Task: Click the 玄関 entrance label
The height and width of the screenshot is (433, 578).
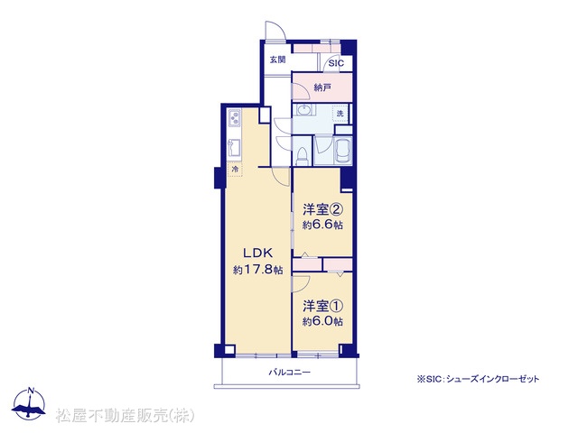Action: coord(277,60)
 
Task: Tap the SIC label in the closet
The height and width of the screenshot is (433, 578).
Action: coord(336,63)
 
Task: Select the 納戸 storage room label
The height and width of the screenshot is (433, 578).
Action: coord(322,88)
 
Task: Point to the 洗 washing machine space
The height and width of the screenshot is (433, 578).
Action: coord(340,114)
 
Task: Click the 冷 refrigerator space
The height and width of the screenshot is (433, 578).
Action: coord(235,170)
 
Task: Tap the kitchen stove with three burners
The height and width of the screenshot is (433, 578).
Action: coord(235,117)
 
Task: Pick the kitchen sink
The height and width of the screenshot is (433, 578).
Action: coord(235,146)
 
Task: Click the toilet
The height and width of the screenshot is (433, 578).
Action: coord(303,156)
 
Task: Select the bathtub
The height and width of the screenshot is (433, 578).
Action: coord(342,151)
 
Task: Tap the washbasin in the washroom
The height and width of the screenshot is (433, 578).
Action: coord(303,110)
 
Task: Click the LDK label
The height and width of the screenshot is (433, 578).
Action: coord(257,253)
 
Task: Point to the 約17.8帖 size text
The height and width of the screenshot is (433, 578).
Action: coord(257,270)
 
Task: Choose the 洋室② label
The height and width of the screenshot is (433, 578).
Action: coord(323,209)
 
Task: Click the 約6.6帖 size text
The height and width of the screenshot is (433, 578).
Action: coord(323,225)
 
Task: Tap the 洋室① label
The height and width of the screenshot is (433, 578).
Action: coord(323,306)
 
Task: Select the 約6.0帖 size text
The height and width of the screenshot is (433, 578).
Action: coord(323,321)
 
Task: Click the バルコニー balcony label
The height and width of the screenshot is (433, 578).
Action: coord(289,373)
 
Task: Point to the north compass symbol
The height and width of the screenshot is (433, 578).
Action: coord(29,404)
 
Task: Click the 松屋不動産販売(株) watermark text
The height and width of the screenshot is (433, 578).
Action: coord(125,416)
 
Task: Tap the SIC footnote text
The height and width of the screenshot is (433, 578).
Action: coord(478,379)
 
